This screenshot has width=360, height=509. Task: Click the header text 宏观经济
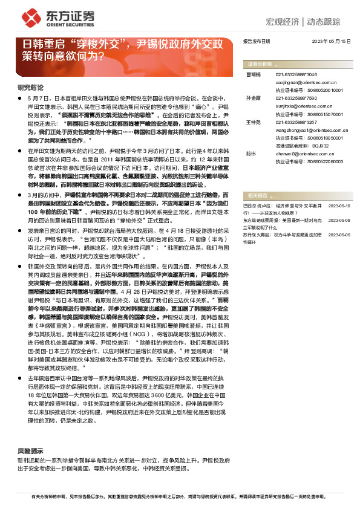pos(283,22)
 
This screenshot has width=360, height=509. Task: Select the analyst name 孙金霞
pos(254,97)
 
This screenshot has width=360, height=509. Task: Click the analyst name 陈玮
pos(251,153)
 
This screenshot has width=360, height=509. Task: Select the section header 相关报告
pos(257,196)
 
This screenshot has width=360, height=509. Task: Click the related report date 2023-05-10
pos(339,206)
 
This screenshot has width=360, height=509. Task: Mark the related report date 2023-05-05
pos(339,233)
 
